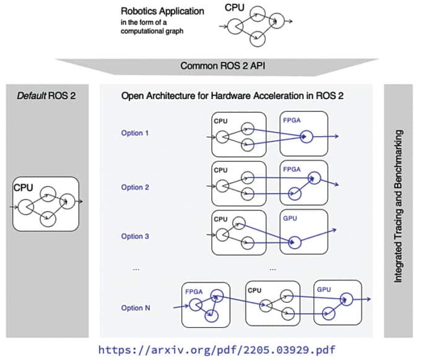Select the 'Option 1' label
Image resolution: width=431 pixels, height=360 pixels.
[136, 133]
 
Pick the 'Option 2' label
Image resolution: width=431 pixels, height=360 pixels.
[136, 187]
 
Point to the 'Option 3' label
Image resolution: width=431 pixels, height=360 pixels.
[136, 236]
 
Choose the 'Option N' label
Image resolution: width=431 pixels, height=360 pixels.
[136, 308]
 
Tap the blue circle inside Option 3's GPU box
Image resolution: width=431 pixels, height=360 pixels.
[295, 242]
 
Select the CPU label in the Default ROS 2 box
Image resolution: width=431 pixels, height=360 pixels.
[24, 186]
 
